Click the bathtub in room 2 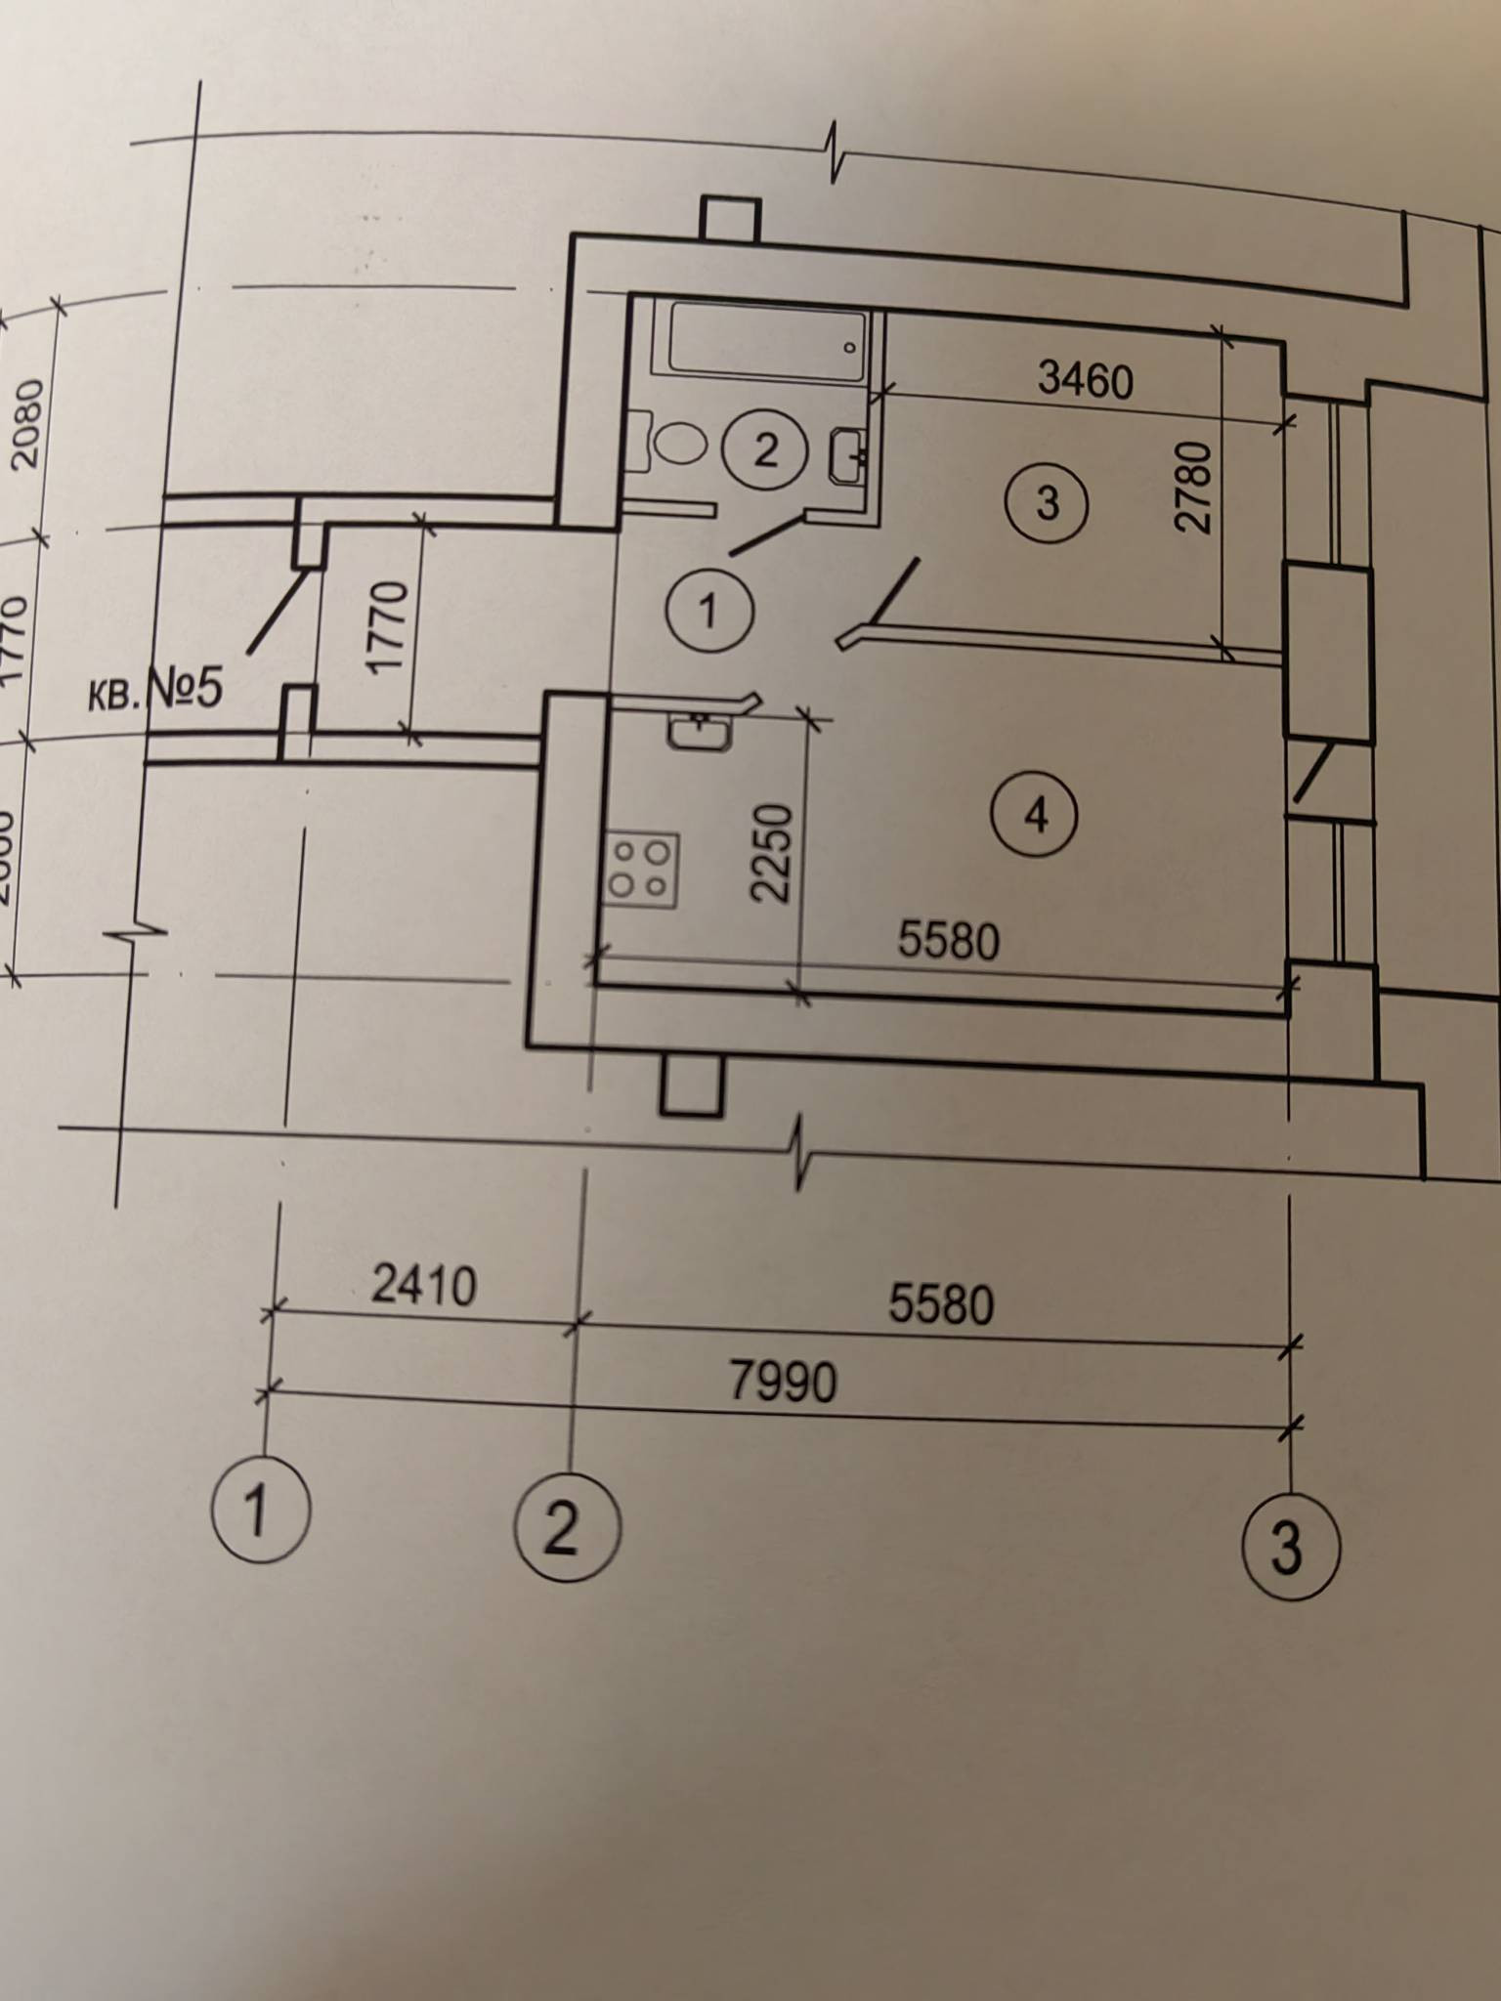(x=767, y=343)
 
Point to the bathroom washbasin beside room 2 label (x=846, y=455)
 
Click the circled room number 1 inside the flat (x=708, y=612)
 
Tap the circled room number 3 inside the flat (x=1047, y=504)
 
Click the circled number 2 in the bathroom (x=765, y=450)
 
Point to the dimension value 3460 (x=1085, y=378)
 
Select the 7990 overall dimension (x=784, y=1382)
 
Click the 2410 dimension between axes (x=424, y=1286)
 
